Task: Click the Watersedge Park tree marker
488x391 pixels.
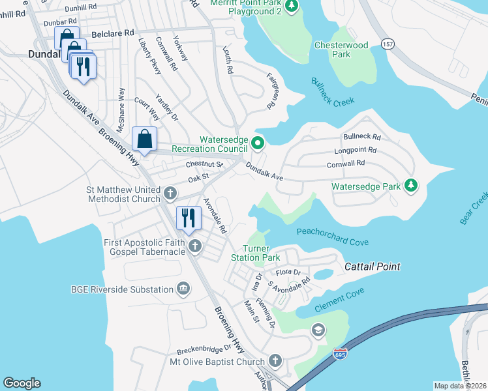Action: coord(410,186)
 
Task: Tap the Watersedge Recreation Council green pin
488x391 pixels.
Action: coord(258,143)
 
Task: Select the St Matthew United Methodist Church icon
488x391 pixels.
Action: coord(170,194)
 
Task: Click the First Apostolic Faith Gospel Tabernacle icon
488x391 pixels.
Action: coord(194,246)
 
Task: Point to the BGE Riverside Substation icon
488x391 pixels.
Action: coord(183,289)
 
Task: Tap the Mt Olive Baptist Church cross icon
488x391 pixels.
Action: coord(275,361)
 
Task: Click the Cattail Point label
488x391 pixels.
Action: coord(372,267)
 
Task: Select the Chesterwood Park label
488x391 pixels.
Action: coord(341,50)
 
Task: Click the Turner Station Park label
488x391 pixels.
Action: coord(261,253)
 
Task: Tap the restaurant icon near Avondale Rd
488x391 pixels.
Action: coord(189,218)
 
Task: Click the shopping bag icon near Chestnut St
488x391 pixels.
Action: coord(144,139)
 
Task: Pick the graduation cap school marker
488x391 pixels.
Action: coord(318,330)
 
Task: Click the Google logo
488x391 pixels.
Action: coord(22,383)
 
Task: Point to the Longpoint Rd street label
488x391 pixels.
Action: coord(356,151)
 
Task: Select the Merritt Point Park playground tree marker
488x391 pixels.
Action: coord(292,7)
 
